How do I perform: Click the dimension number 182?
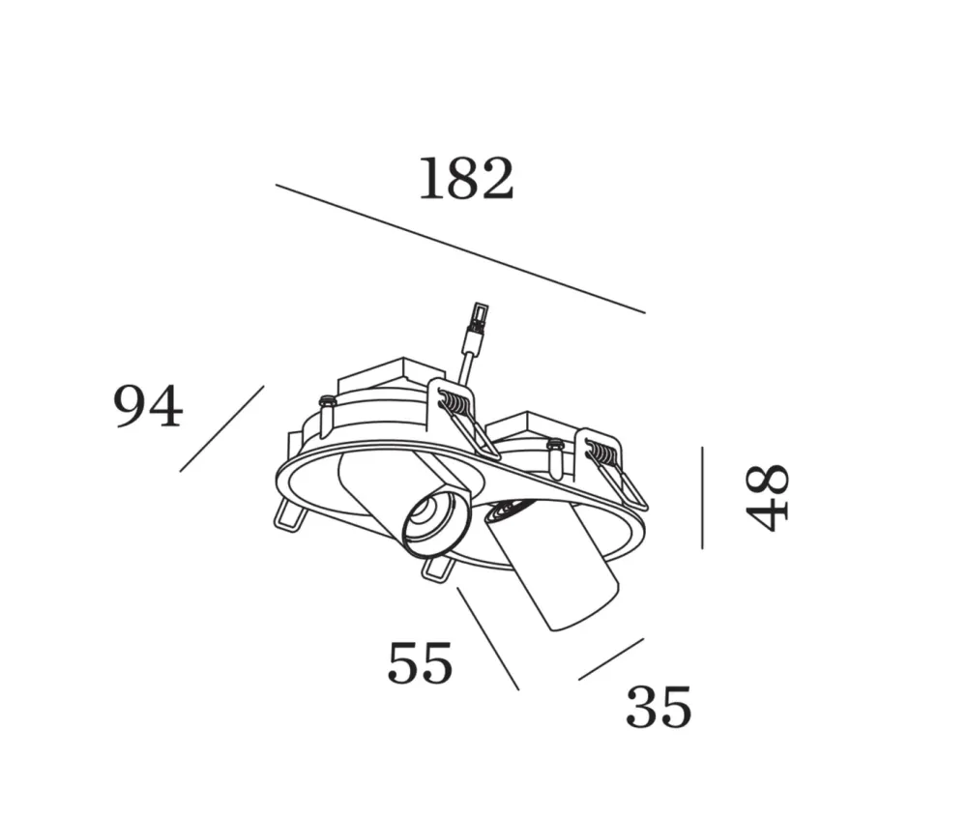click(x=466, y=179)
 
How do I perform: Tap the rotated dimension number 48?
click(x=767, y=498)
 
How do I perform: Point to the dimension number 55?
click(x=420, y=662)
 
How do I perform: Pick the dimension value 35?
click(x=659, y=707)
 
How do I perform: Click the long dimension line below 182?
click(x=460, y=248)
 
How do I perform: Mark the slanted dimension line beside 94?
click(x=222, y=429)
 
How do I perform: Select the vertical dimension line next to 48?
click(x=702, y=498)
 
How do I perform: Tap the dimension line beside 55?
click(x=487, y=638)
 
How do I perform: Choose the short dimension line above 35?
click(x=611, y=659)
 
